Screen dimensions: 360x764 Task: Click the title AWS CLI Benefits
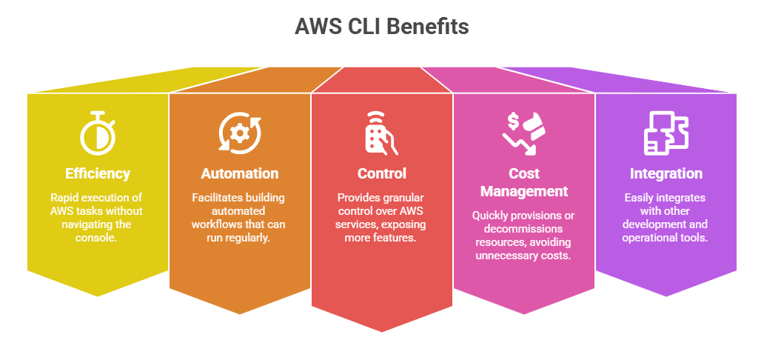[x=381, y=27]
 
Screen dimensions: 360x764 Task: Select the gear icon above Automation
[x=239, y=134]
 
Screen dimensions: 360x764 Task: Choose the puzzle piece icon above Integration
[x=666, y=134]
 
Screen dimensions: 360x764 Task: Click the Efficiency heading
[x=97, y=174]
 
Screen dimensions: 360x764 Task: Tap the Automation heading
[x=239, y=174]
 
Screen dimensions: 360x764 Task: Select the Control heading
[x=381, y=174]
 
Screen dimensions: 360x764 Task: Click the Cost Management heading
[x=523, y=182]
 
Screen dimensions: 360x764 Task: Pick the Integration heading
[x=666, y=174]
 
